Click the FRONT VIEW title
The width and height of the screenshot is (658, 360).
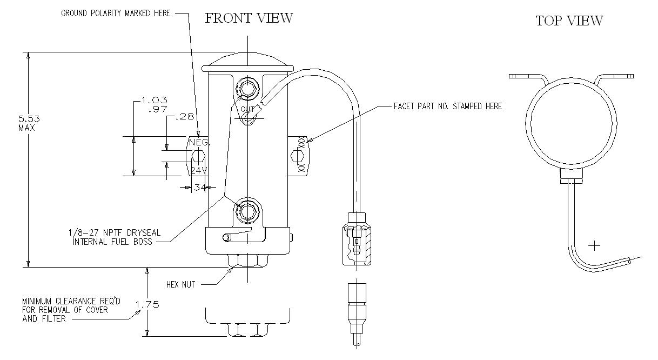[x=249, y=18]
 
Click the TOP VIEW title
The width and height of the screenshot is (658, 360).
[x=569, y=21]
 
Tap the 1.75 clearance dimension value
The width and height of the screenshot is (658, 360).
[x=147, y=304]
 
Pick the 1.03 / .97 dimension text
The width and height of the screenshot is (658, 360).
[x=154, y=104]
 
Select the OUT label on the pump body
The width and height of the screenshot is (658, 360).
[x=247, y=109]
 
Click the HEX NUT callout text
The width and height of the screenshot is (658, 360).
[x=180, y=284]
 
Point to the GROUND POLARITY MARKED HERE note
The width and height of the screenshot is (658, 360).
[x=116, y=13]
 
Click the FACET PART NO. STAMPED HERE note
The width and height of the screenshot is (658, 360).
[x=448, y=106]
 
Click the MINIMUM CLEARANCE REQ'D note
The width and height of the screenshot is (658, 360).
[x=65, y=310]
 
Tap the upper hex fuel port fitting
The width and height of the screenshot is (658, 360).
[x=248, y=88]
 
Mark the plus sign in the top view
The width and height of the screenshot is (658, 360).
[x=594, y=246]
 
